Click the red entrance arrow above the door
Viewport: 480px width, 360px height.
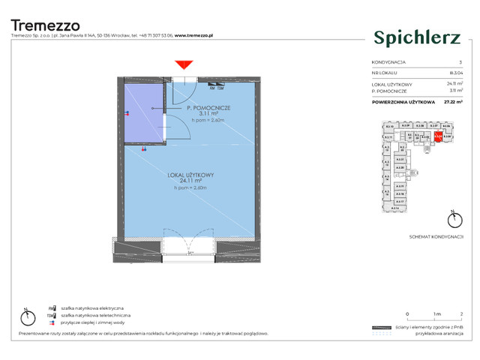tap(183, 67)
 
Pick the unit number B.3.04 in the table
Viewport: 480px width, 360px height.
tap(448, 73)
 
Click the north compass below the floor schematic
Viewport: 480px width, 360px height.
tap(453, 220)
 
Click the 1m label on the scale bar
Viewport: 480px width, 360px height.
tap(434, 313)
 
